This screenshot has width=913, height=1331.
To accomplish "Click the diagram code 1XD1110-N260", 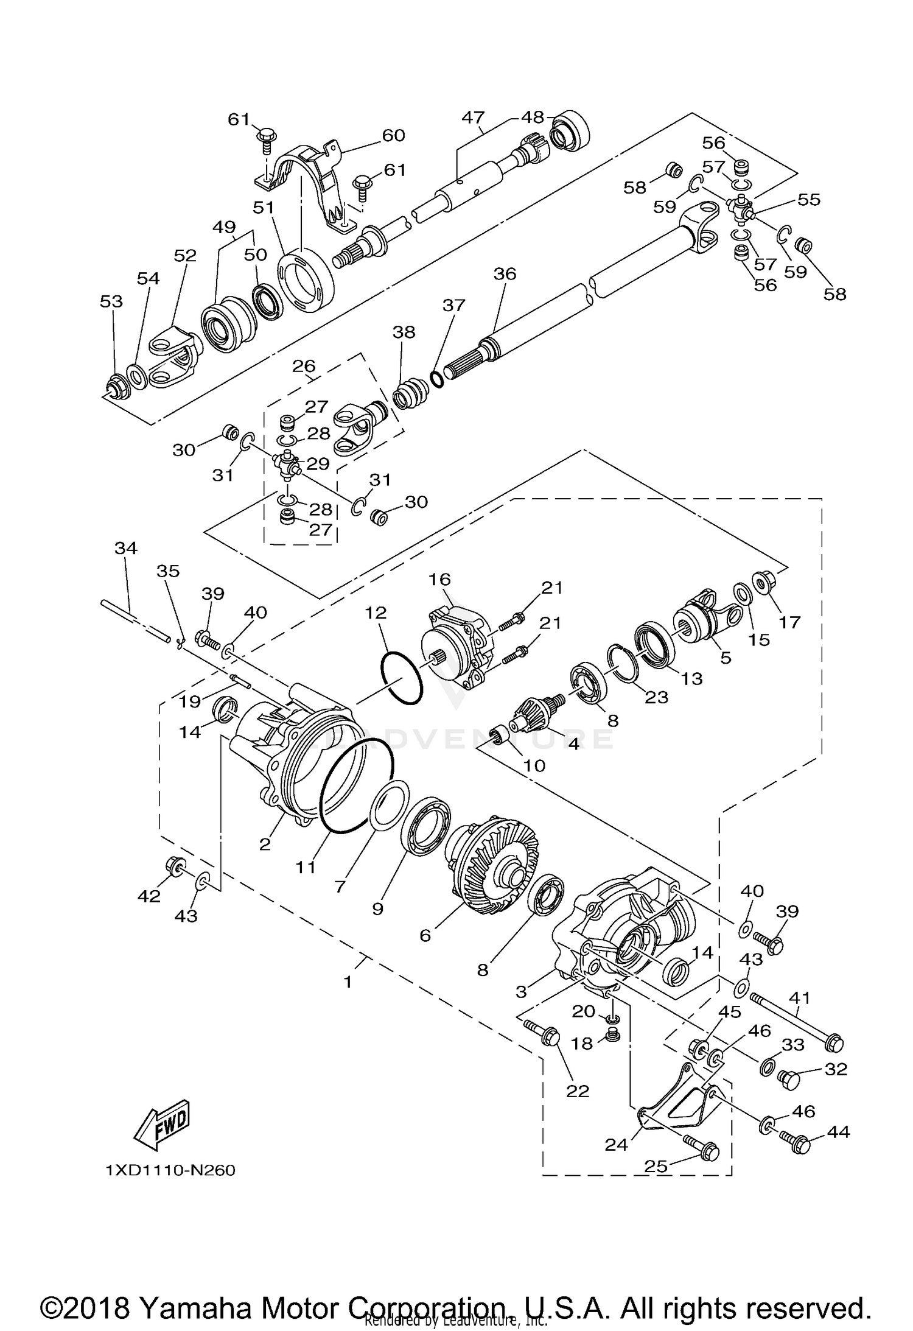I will tap(170, 1170).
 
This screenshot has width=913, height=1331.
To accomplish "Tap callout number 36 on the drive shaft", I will tap(505, 274).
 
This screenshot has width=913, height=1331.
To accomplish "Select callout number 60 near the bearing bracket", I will tap(393, 135).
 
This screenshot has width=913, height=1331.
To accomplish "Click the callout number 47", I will tap(472, 117).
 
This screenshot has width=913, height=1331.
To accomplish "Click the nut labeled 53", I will tap(114, 387).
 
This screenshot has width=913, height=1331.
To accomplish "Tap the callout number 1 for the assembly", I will tap(348, 982).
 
